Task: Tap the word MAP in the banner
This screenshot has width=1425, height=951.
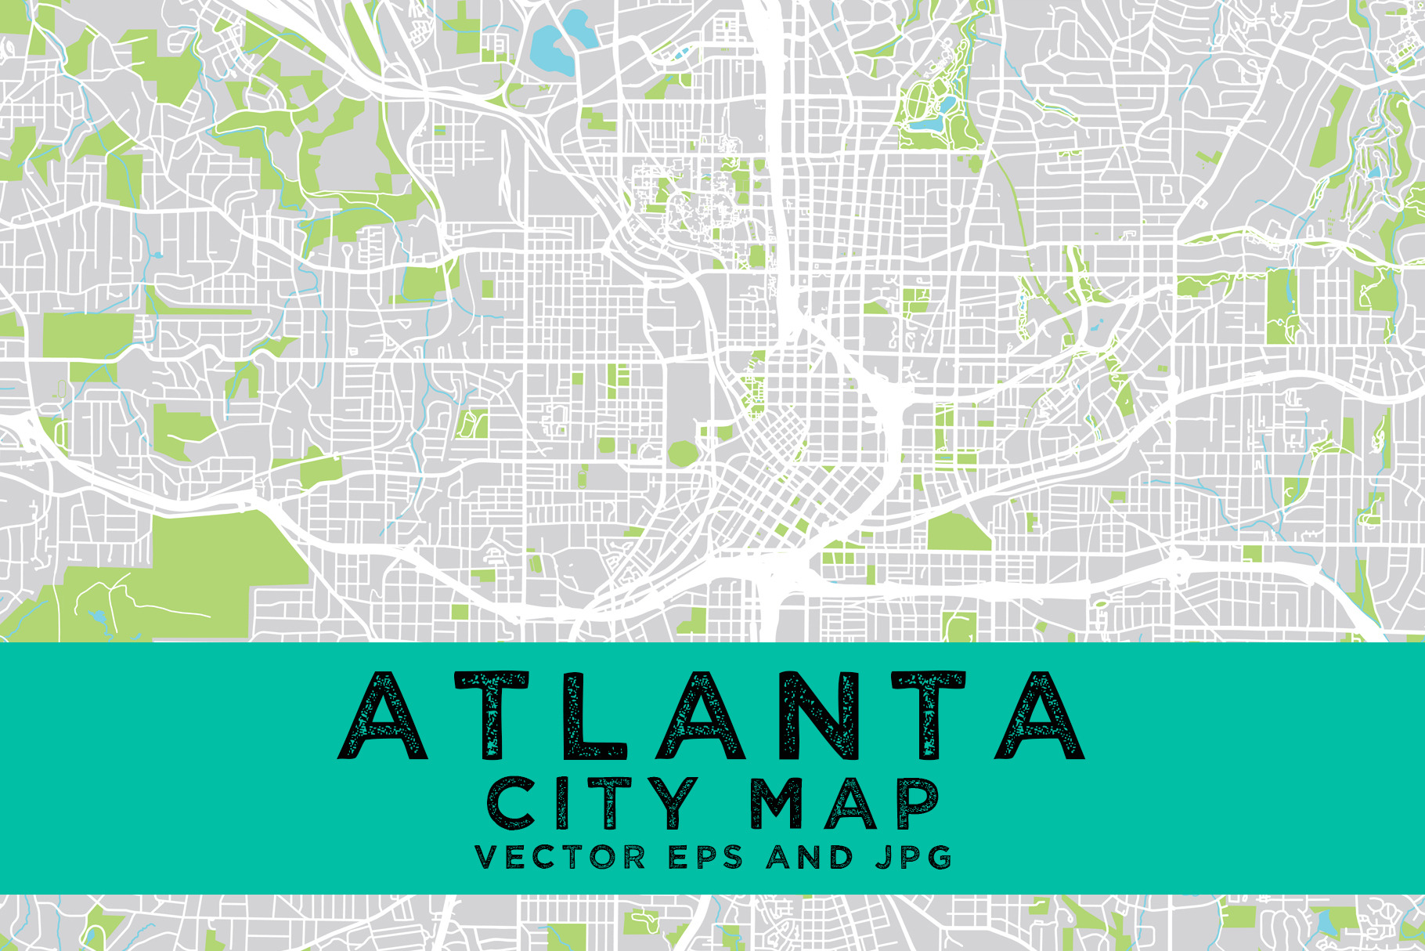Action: [x=844, y=804]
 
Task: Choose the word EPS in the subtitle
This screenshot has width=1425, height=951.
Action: [x=705, y=857]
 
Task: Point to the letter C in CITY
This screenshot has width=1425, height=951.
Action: [x=512, y=804]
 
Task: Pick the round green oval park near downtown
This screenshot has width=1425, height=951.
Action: [x=682, y=453]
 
